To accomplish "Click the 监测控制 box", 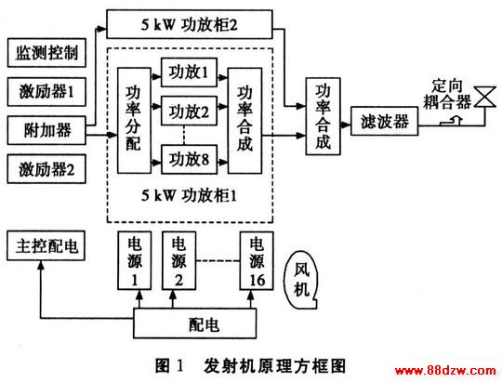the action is (x=46, y=53).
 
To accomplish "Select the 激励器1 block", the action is (x=46, y=92).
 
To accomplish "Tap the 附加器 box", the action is (x=46, y=130).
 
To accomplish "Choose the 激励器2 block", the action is (x=46, y=169).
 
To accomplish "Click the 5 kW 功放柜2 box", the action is (x=190, y=24).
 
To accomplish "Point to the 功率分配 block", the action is (x=134, y=121).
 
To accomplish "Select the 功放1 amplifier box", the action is (x=190, y=72).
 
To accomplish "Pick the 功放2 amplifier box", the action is (x=190, y=111).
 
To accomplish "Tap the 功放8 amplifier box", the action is (x=190, y=160).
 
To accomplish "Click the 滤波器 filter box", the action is (x=385, y=122).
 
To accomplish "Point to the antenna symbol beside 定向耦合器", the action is (x=484, y=97).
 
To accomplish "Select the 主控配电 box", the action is (x=46, y=245).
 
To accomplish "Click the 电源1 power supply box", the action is (x=135, y=260).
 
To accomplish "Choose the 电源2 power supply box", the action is (x=179, y=260).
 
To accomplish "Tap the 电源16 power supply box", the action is (x=258, y=260).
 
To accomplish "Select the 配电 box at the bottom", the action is (x=194, y=323).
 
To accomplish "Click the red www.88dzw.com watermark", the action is (x=445, y=371).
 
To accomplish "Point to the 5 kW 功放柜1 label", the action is (x=190, y=195).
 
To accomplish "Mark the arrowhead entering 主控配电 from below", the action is (x=41, y=265).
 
